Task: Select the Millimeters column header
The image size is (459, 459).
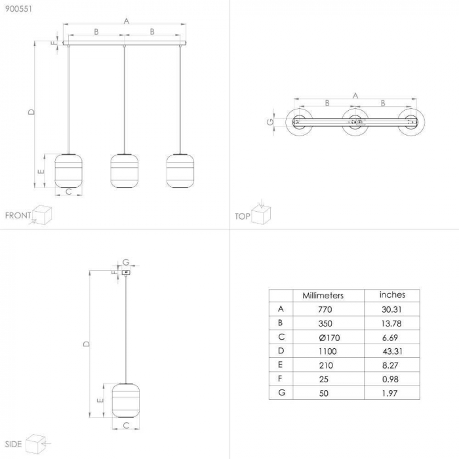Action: coord(323,296)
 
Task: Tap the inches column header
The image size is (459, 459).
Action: coord(392,295)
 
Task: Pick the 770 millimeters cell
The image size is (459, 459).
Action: coord(325,309)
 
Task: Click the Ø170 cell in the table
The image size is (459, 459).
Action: coord(325,337)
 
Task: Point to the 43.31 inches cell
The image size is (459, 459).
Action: coord(391,351)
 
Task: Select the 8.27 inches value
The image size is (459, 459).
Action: coord(391,365)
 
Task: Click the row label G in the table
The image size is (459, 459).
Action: coord(281,393)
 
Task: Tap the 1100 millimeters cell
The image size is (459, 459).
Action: coord(325,351)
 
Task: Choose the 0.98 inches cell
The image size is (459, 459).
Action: coord(391,379)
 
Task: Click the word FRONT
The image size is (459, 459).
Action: coord(18,215)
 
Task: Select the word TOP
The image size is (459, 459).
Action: coord(243,216)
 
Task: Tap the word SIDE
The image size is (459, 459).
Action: coord(13,444)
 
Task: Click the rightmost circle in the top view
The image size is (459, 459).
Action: coord(413,122)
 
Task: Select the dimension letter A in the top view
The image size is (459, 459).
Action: coord(355,96)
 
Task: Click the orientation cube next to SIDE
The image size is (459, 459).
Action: coord(37,442)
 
